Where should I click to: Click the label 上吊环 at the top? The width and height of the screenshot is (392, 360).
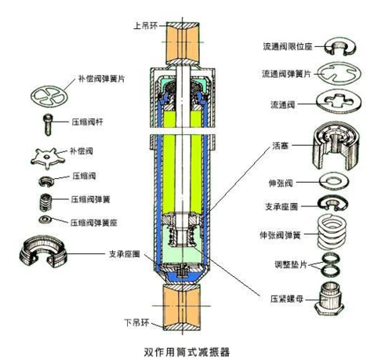coord(146,26)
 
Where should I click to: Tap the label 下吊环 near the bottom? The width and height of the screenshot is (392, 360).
coord(136,322)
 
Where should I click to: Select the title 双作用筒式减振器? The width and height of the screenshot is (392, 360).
coord(187,352)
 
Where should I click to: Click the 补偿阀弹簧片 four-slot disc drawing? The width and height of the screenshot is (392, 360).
coord(49,96)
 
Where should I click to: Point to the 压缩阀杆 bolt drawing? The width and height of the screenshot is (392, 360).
coord(48,125)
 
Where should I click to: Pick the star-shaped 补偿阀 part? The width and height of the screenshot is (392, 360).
coord(48,158)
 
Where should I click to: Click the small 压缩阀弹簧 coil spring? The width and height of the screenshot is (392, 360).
coord(45,202)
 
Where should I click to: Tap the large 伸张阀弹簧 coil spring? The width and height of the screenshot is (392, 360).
coord(332,231)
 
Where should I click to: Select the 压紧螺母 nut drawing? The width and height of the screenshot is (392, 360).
coord(330,300)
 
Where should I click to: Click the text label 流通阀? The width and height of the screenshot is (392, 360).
coord(282,105)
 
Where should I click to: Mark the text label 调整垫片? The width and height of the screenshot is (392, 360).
coord(290,264)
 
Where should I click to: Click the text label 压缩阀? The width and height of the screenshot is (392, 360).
coord(84,176)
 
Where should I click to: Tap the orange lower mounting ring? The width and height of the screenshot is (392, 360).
coord(182,307)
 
